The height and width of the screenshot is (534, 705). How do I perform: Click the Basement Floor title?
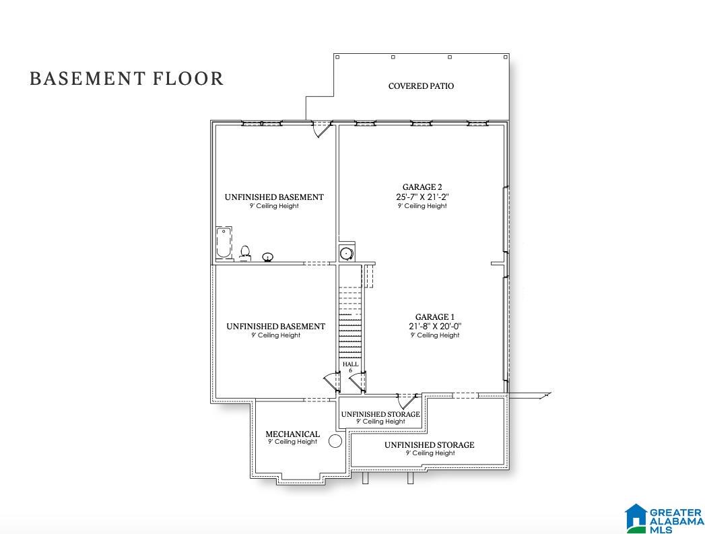pyautogui.click(x=127, y=79)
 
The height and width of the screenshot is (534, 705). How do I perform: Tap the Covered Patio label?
pyautogui.click(x=421, y=86)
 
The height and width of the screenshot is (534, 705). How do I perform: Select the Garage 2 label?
pyautogui.click(x=422, y=187)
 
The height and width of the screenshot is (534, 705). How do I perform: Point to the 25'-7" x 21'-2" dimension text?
pyautogui.click(x=422, y=197)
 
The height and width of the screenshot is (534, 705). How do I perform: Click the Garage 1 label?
pyautogui.click(x=435, y=317)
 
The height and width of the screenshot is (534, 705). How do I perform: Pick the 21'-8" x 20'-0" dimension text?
pyautogui.click(x=435, y=327)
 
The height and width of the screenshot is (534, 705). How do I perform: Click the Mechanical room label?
pyautogui.click(x=293, y=434)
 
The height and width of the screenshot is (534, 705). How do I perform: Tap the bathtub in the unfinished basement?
pyautogui.click(x=224, y=243)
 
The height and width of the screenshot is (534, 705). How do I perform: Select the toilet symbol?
pyautogui.click(x=245, y=253)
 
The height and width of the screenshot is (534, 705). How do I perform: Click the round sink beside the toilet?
pyautogui.click(x=268, y=257)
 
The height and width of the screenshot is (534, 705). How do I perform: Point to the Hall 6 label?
pyautogui.click(x=351, y=367)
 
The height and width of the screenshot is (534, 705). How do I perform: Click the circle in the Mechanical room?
pyautogui.click(x=335, y=441)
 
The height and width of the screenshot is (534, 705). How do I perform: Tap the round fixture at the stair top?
pyautogui.click(x=346, y=253)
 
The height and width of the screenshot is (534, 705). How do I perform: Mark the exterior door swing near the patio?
pyautogui.click(x=321, y=129)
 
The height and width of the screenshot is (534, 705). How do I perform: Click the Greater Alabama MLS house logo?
pyautogui.click(x=636, y=517)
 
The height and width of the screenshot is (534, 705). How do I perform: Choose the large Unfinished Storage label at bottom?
pyautogui.click(x=430, y=445)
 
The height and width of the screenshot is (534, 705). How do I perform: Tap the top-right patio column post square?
pyautogui.click(x=506, y=57)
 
